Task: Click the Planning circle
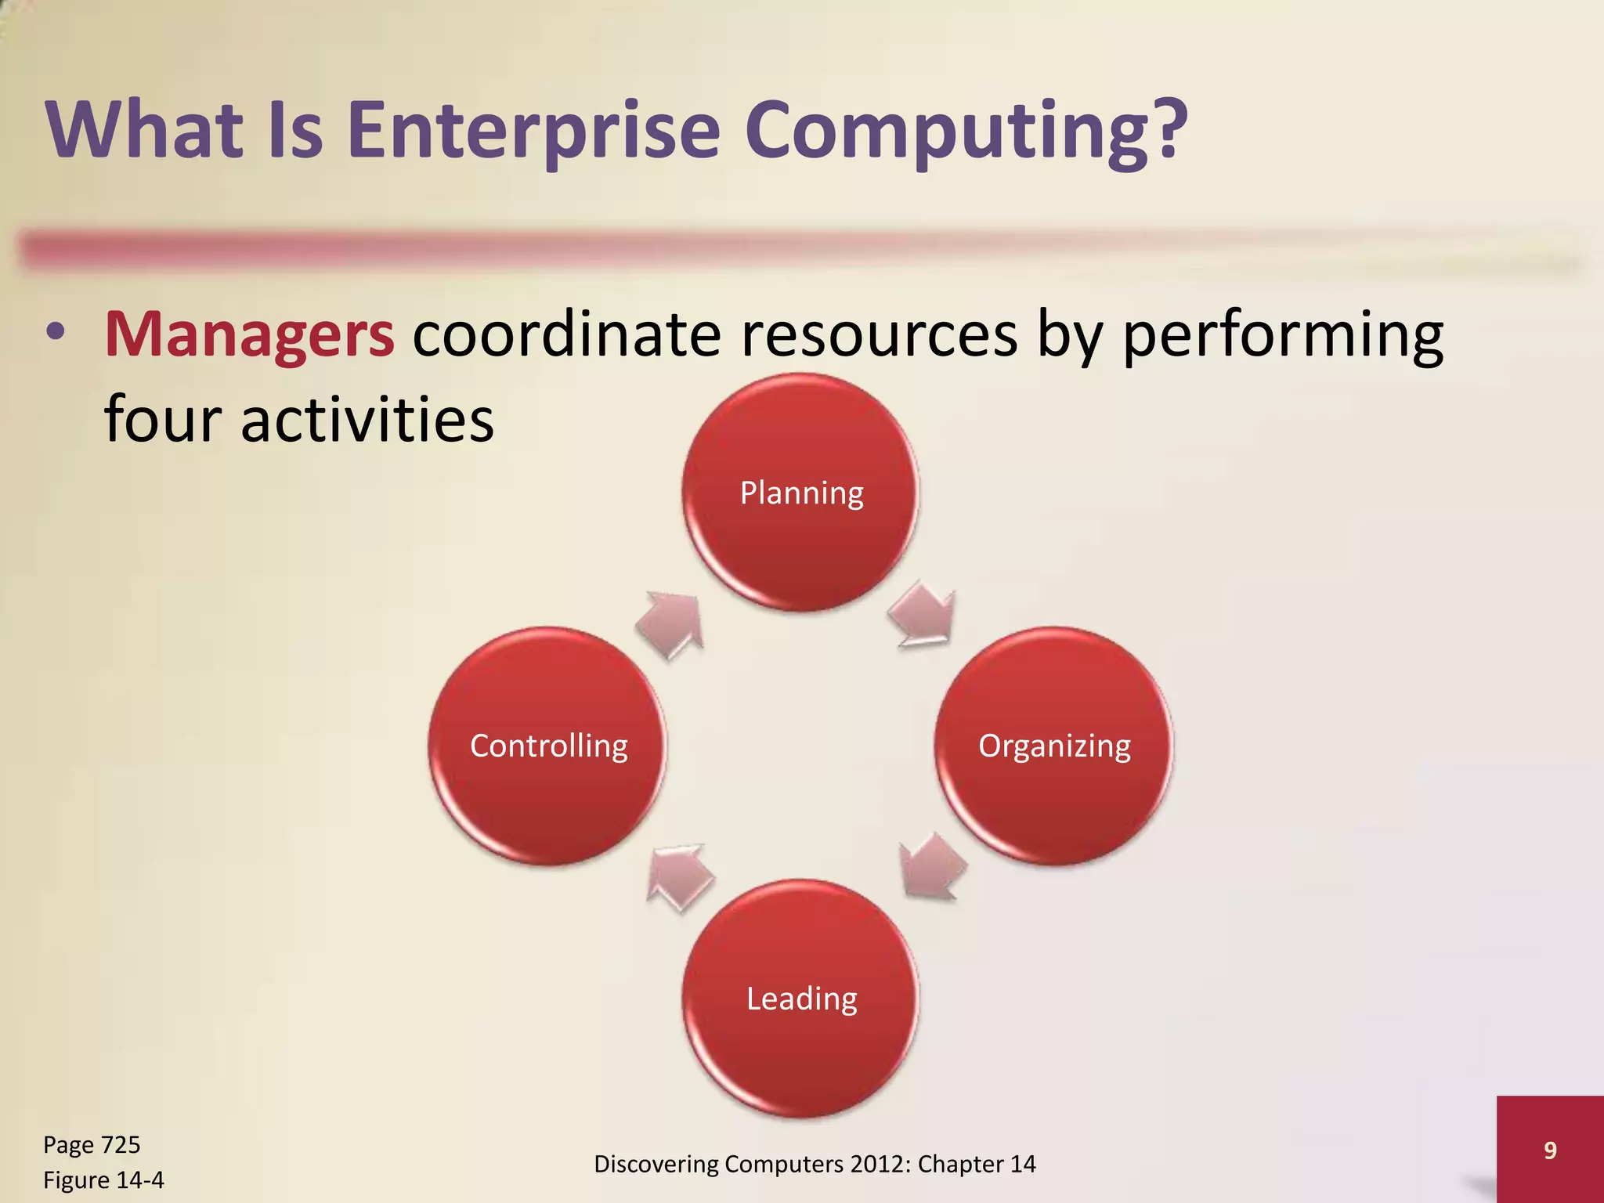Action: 800,493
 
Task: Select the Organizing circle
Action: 1054,746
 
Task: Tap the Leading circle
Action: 800,999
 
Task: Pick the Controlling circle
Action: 547,746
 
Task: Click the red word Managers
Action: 249,334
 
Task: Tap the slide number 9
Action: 1550,1150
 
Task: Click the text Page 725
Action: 92,1145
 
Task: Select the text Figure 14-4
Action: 103,1180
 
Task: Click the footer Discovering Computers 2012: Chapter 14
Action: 815,1164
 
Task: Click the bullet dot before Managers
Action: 55,333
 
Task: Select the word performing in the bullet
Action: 1283,334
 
